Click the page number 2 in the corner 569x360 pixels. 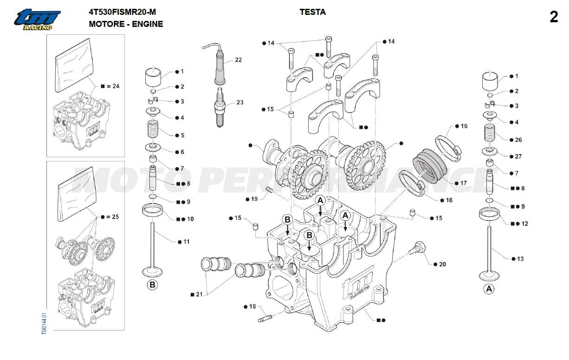(554, 17)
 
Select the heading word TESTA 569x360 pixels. (312, 13)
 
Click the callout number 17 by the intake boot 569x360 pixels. (463, 183)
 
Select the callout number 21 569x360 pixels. (199, 295)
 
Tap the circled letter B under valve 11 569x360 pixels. (152, 285)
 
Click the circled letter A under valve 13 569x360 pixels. (488, 289)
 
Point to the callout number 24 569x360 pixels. (116, 86)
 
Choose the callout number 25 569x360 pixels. (116, 217)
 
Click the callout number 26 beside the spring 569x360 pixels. (518, 140)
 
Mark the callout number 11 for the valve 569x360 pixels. (187, 242)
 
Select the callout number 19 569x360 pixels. (254, 199)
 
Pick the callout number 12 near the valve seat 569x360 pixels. (524, 224)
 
